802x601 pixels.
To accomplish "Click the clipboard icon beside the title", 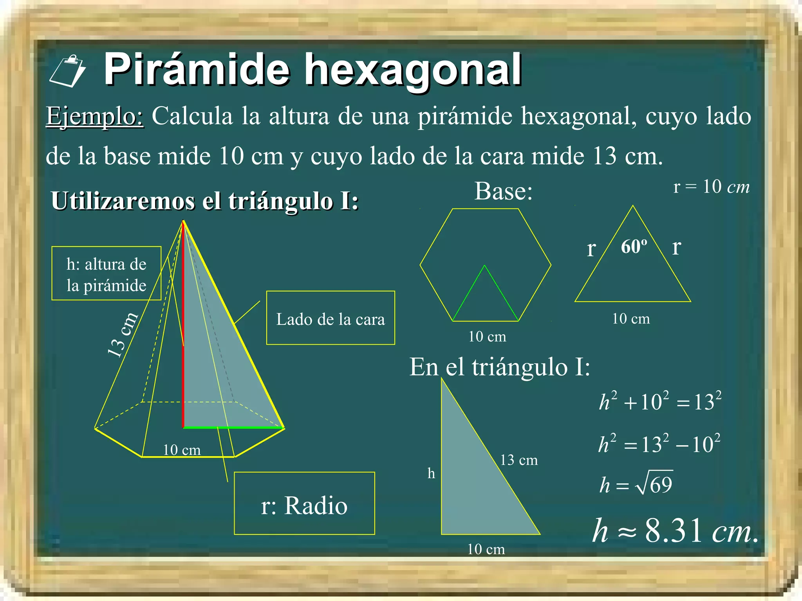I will pos(67,71).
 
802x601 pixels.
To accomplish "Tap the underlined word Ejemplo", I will pos(95,116).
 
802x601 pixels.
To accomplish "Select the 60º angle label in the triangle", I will pos(634,247).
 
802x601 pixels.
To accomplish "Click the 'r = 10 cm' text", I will pos(711,187).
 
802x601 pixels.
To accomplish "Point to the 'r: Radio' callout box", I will pos(304,503).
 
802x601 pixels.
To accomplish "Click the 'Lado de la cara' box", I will pos(331,318).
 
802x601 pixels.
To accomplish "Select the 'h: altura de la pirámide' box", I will pos(106,274).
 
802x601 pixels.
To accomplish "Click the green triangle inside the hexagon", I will pos(485,297).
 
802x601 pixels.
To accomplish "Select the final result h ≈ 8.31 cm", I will pos(675,531).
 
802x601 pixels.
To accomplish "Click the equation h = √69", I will pos(636,484).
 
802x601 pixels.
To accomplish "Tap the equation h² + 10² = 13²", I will pos(660,401).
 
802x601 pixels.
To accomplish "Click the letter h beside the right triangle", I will pos(431,473).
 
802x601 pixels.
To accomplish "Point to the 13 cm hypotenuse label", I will pos(519,460).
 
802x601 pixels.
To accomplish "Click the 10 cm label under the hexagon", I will pos(487,336).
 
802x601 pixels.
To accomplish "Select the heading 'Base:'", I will pos(504,192).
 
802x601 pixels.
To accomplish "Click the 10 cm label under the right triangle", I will pos(486,549).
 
